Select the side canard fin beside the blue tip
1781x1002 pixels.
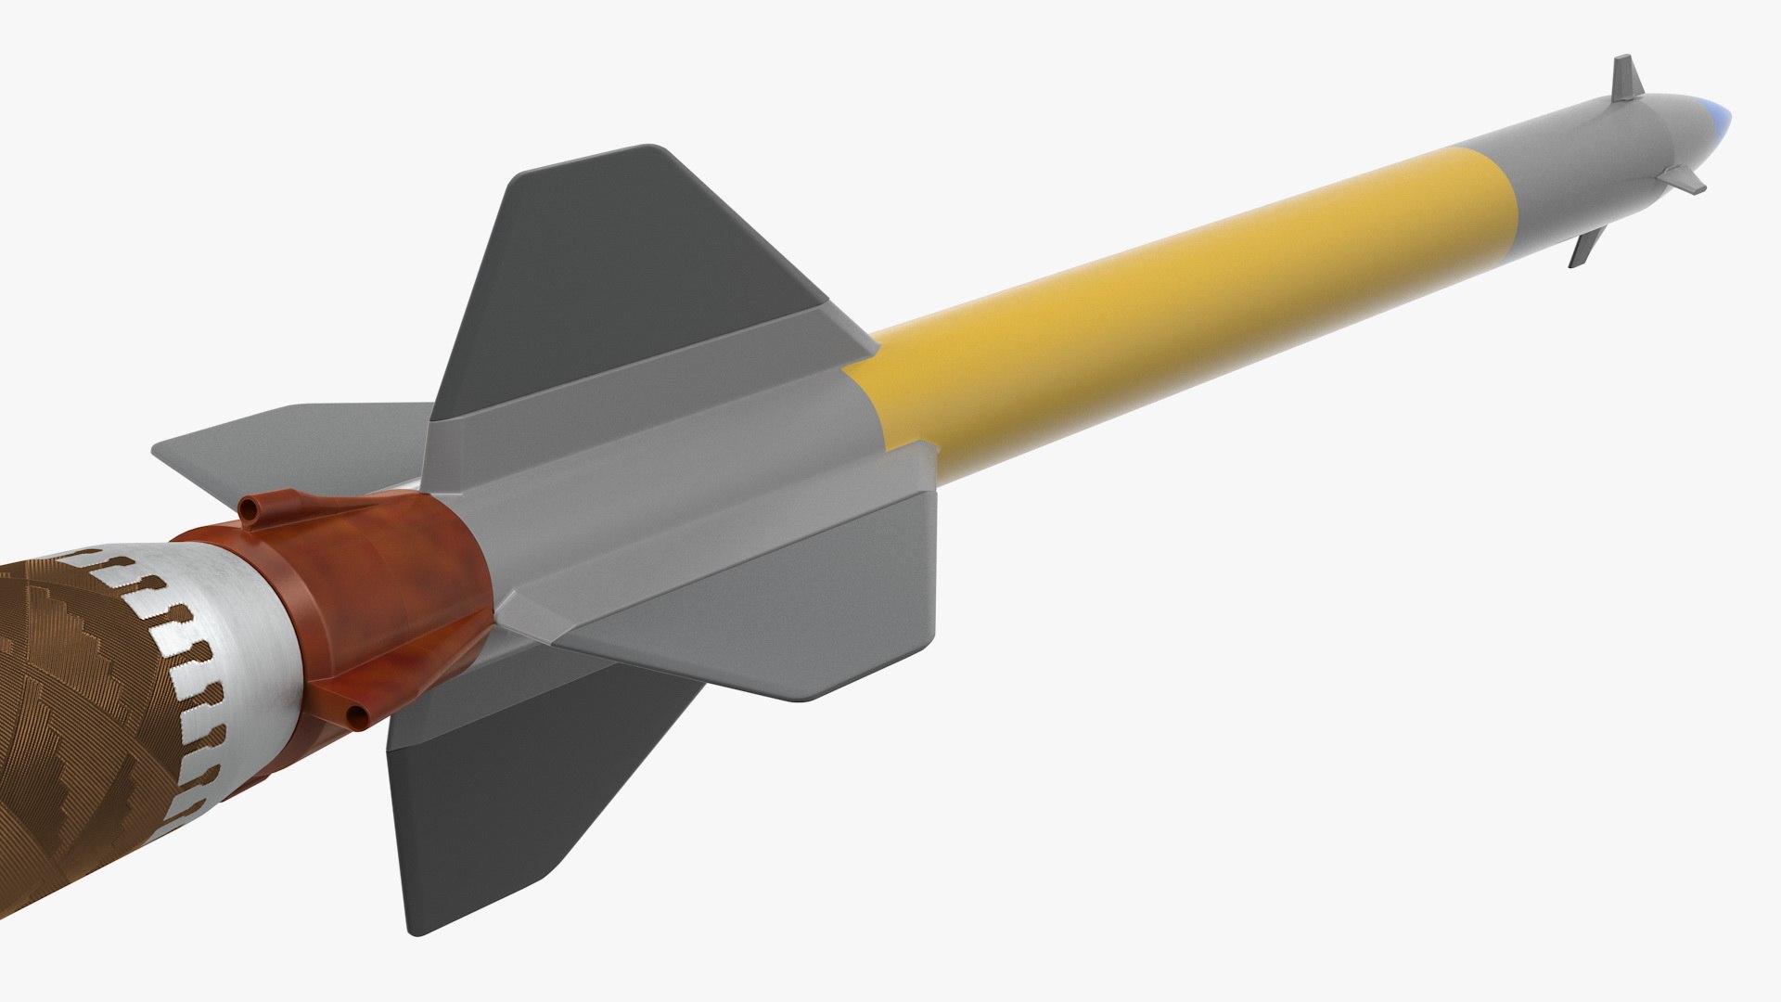pyautogui.click(x=1683, y=180)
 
